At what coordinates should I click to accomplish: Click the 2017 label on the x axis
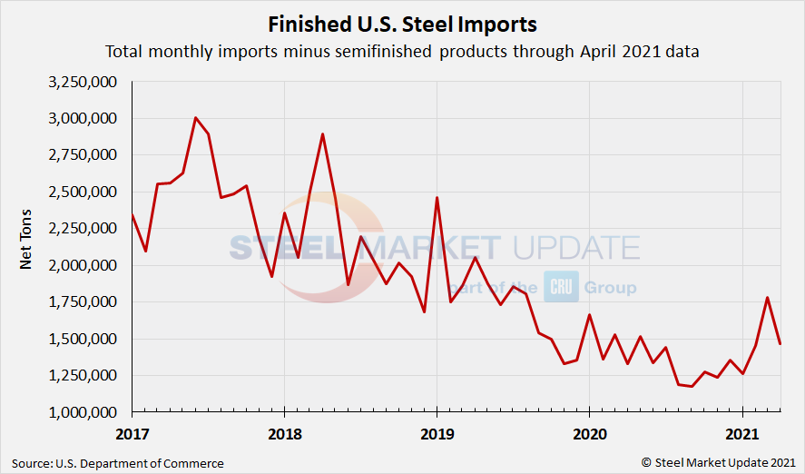point(133,433)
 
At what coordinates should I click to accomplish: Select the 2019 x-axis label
point(437,433)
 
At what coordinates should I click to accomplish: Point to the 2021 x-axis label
point(742,433)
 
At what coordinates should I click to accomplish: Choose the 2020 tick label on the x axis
point(590,433)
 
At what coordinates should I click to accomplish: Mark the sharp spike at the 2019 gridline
point(437,198)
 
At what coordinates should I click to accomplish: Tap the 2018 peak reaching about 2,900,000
point(322,134)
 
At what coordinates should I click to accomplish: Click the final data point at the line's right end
point(780,343)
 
